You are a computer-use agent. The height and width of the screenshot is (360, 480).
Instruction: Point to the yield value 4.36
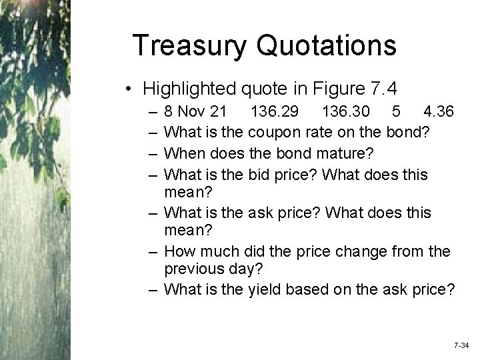coord(438,109)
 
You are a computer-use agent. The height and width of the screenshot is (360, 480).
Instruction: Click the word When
coord(183,154)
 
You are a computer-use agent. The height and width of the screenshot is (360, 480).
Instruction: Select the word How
coord(178,252)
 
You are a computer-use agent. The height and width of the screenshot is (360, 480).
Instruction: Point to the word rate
coord(319,132)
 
